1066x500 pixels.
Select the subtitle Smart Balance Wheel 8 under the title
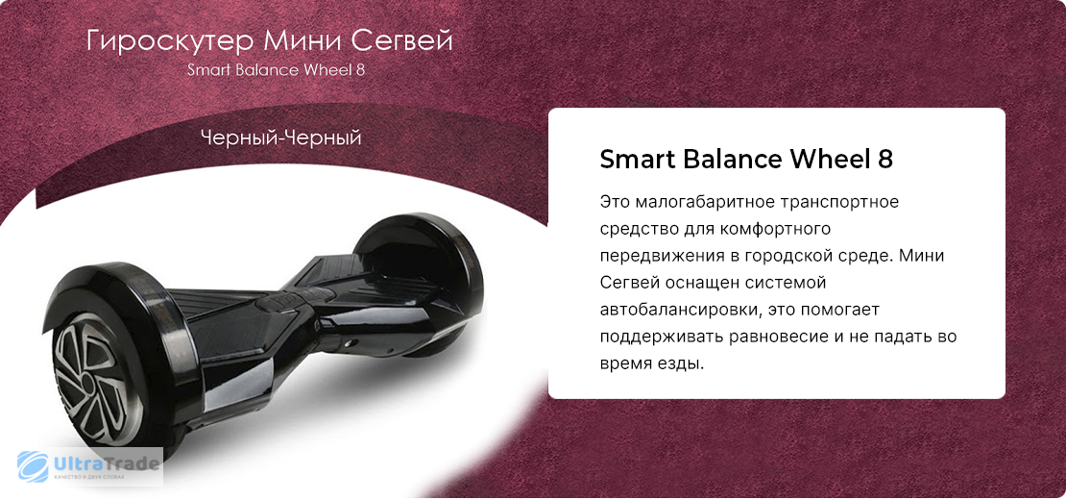[x=277, y=70]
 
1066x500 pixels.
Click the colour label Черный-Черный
[x=280, y=138]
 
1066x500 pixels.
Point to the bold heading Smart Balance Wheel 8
[x=746, y=160]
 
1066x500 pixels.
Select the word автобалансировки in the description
[x=675, y=310]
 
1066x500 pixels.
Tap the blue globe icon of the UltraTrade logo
[x=33, y=466]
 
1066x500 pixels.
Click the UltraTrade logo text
[x=106, y=464]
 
